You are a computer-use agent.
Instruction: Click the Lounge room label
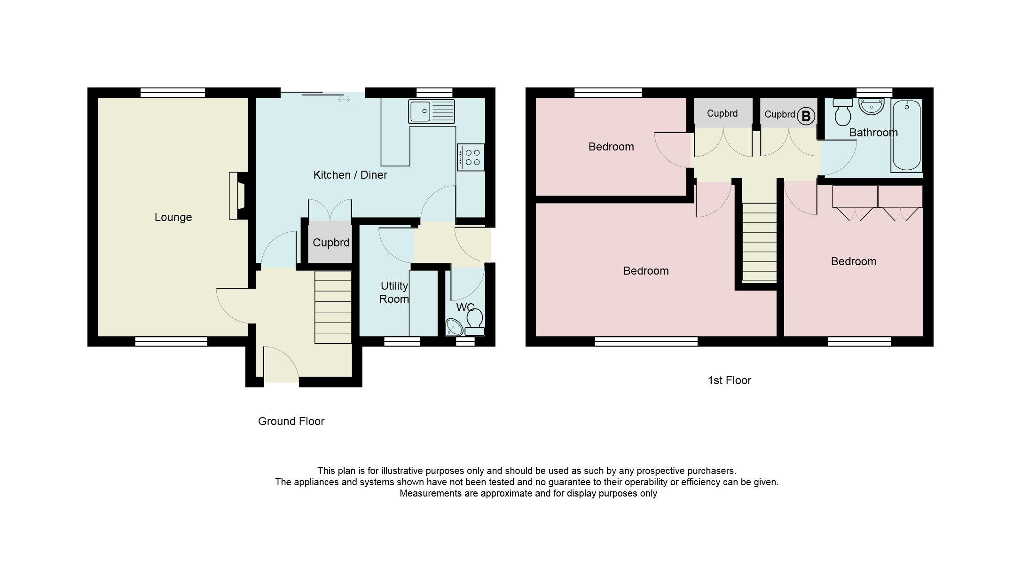click(x=173, y=217)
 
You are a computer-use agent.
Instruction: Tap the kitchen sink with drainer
click(x=432, y=111)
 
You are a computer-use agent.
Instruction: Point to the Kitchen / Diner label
click(x=350, y=175)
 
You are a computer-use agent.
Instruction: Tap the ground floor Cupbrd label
click(x=331, y=243)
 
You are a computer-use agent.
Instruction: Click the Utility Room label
click(x=394, y=292)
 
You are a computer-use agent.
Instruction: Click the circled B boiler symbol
click(x=806, y=116)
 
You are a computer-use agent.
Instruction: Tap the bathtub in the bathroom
click(x=906, y=135)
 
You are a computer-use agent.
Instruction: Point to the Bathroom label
click(x=873, y=133)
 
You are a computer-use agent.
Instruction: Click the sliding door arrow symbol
click(x=344, y=99)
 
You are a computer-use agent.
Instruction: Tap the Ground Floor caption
click(x=291, y=421)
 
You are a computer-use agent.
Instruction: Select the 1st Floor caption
click(x=729, y=380)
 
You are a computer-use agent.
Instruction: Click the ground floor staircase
click(x=333, y=308)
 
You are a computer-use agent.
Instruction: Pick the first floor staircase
click(x=759, y=242)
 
